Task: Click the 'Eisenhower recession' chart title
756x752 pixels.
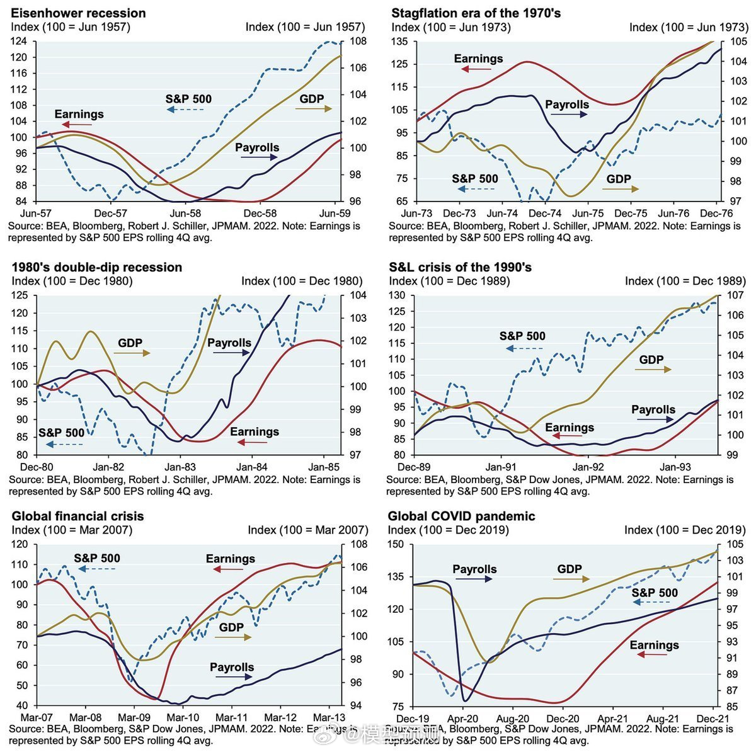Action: pos(78,13)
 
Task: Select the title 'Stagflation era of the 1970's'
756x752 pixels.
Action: pos(476,13)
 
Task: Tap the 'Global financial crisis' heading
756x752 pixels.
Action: pos(77,516)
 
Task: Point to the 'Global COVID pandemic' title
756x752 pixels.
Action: pos(461,516)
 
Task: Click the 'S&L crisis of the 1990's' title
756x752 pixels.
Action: pos(460,267)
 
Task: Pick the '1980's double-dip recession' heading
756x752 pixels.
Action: pos(96,267)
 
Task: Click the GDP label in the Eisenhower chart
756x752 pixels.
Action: pos(312,99)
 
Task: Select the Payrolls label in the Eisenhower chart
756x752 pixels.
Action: pos(257,148)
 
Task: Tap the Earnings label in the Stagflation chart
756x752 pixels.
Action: pos(478,59)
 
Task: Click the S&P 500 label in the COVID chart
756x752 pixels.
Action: pos(655,593)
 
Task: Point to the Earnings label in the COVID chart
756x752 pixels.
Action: pos(654,645)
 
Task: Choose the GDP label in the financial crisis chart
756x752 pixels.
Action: pos(231,627)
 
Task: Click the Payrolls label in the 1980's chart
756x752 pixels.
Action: pos(229,343)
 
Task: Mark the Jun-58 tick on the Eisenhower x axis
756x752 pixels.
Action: pos(186,214)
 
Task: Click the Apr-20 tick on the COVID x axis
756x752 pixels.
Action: pos(462,719)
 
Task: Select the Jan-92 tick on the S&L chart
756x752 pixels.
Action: pos(588,467)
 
